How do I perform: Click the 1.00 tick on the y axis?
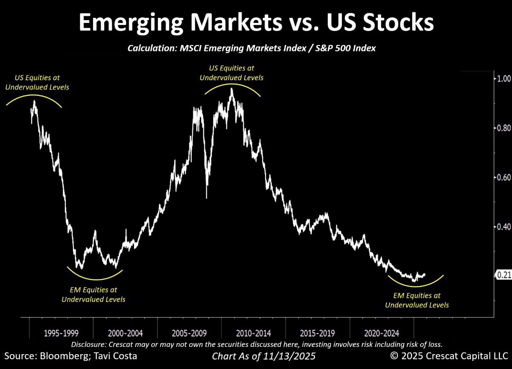pyautogui.click(x=504, y=79)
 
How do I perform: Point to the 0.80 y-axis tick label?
pyautogui.click(x=504, y=128)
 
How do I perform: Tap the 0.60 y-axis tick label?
pyautogui.click(x=504, y=177)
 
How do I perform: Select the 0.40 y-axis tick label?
pyautogui.click(x=504, y=227)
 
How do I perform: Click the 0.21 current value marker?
pyautogui.click(x=504, y=276)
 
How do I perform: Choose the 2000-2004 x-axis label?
pyautogui.click(x=125, y=333)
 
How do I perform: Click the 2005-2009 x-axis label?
pyautogui.click(x=190, y=333)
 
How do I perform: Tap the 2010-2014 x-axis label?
pyautogui.click(x=253, y=333)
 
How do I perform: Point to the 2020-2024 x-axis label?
pyautogui.click(x=381, y=333)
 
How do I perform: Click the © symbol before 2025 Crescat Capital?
pyautogui.click(x=394, y=356)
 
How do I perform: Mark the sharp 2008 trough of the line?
pyautogui.click(x=207, y=197)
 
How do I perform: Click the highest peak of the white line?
pyautogui.click(x=231, y=89)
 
